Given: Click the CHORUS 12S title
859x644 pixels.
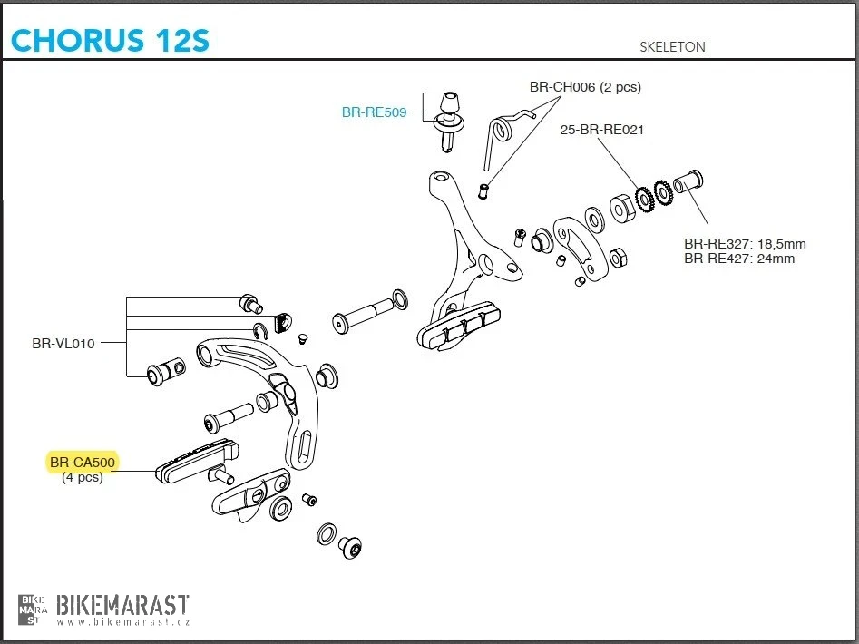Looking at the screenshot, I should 109,40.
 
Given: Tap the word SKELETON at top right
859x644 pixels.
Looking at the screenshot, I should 672,46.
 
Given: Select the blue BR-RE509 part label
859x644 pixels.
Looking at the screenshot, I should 374,112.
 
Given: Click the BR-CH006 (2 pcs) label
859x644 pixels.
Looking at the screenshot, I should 585,87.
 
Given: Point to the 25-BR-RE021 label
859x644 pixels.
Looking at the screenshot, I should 601,130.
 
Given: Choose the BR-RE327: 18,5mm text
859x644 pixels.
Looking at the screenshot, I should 745,244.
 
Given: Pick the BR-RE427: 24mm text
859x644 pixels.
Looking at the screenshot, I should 739,259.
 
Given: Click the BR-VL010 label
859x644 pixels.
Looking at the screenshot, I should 63,344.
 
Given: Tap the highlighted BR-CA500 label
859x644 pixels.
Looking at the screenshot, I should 83,463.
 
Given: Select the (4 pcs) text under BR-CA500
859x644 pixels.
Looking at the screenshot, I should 82,478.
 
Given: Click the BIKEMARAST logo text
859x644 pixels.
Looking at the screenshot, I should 122,604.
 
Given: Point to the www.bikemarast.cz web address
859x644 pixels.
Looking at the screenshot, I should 122,622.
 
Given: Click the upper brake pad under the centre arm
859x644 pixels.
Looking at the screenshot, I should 459,322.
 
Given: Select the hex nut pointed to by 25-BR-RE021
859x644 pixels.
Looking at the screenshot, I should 622,207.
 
